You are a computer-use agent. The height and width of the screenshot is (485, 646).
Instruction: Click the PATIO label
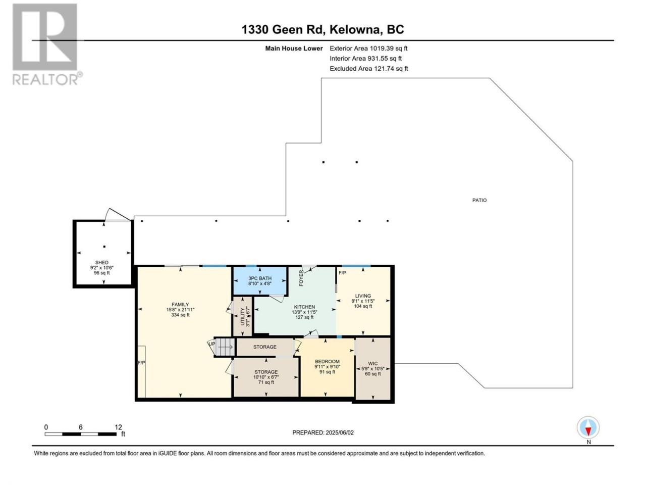click(x=479, y=200)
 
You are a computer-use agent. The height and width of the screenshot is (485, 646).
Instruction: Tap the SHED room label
click(x=101, y=262)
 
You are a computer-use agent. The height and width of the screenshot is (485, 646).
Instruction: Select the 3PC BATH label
click(x=259, y=278)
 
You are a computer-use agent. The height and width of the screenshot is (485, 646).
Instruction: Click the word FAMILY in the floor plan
click(x=180, y=305)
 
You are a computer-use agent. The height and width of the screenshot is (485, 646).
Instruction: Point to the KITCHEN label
click(x=304, y=307)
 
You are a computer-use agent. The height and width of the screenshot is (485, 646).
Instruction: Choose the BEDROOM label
click(x=327, y=361)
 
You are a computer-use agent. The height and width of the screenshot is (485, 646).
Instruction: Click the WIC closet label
click(x=372, y=363)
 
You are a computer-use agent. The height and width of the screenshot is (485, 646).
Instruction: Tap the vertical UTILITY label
click(x=243, y=316)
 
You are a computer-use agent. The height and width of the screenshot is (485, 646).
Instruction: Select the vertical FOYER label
click(x=301, y=278)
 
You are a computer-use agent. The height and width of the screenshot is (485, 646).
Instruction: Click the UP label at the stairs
click(x=211, y=344)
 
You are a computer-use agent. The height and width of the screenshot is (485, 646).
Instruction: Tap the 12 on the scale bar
click(x=118, y=427)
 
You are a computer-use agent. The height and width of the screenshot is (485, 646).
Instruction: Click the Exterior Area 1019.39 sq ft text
click(x=368, y=48)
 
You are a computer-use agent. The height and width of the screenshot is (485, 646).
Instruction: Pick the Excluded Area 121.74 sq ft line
click(x=369, y=69)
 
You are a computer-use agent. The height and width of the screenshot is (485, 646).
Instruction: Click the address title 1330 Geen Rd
click(x=282, y=29)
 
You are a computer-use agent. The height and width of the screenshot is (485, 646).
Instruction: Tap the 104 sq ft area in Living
click(x=363, y=306)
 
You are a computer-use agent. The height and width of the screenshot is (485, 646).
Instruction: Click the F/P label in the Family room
click(x=141, y=363)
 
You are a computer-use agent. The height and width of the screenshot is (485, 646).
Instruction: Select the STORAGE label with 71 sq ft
click(x=266, y=372)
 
